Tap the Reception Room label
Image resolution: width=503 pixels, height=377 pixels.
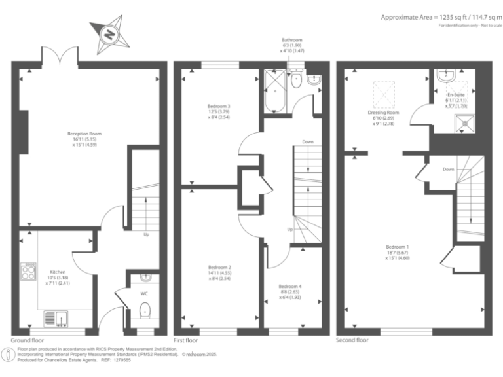click(84, 138)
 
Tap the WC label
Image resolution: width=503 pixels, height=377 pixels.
click(143, 293)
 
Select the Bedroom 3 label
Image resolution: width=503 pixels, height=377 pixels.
click(219, 111)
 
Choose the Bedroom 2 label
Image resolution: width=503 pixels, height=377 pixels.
click(219, 272)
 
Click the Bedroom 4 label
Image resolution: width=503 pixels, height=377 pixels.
click(289, 291)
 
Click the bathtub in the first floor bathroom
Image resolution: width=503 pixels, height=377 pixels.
click(274, 98)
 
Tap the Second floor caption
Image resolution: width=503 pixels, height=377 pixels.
click(352, 340)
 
